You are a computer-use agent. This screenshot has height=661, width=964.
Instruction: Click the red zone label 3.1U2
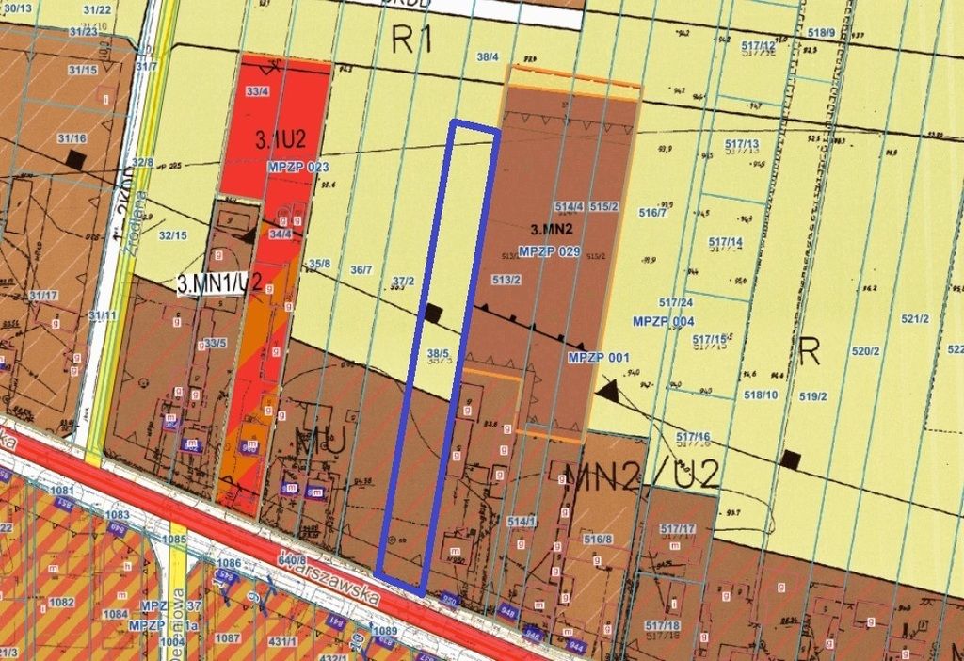click(x=281, y=140)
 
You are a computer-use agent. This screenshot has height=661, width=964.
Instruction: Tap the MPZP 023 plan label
click(x=297, y=167)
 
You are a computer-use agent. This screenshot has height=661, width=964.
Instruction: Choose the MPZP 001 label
click(x=599, y=358)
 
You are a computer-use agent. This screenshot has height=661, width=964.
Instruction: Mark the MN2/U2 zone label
click(x=641, y=473)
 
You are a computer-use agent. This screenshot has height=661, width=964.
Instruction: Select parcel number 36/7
click(x=361, y=270)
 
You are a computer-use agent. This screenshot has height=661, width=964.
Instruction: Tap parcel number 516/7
click(x=652, y=213)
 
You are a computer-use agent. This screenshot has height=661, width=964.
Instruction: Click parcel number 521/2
click(x=915, y=319)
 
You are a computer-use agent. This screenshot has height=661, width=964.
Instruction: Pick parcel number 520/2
click(x=865, y=351)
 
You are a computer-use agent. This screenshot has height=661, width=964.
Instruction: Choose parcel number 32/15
click(x=172, y=235)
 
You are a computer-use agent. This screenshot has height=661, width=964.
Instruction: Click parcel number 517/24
click(x=676, y=302)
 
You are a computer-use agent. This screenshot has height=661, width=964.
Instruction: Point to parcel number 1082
click(x=61, y=602)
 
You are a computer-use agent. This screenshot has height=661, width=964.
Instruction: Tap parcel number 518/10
click(x=759, y=395)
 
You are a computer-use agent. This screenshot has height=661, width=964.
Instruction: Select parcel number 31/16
click(x=72, y=138)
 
